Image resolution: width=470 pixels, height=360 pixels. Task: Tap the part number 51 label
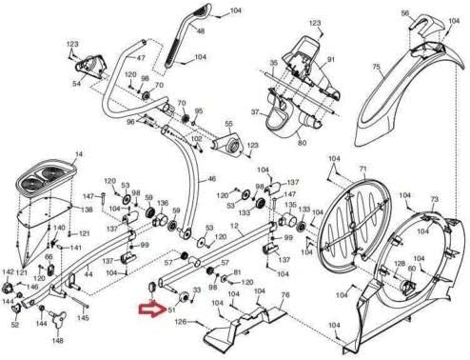pyautogui.click(x=173, y=310)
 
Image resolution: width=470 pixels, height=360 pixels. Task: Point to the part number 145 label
pyautogui.click(x=84, y=318)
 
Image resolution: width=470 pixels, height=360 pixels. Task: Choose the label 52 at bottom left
pyautogui.click(x=15, y=325)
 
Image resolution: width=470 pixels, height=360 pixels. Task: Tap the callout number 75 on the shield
pyautogui.click(x=376, y=67)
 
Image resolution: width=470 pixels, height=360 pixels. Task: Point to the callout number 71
pyautogui.click(x=362, y=169)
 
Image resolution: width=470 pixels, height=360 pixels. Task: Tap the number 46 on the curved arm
pyautogui.click(x=211, y=179)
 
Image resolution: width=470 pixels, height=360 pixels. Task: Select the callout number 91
pyautogui.click(x=332, y=61)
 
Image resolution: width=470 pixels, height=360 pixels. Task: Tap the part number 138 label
pyautogui.click(x=87, y=209)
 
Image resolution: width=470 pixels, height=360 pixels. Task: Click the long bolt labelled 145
pyautogui.click(x=76, y=302)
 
